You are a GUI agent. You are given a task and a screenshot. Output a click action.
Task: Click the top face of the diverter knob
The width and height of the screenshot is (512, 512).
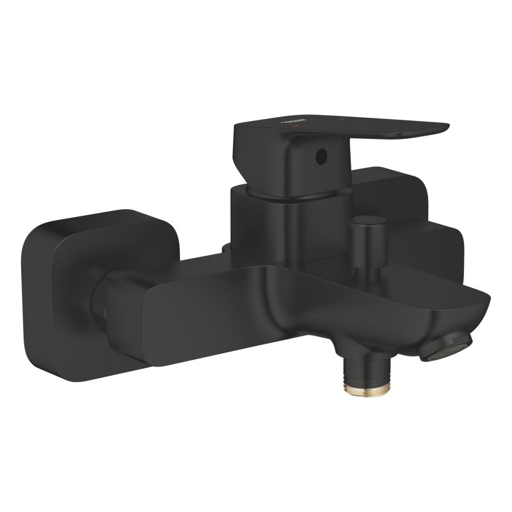[363, 222]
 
